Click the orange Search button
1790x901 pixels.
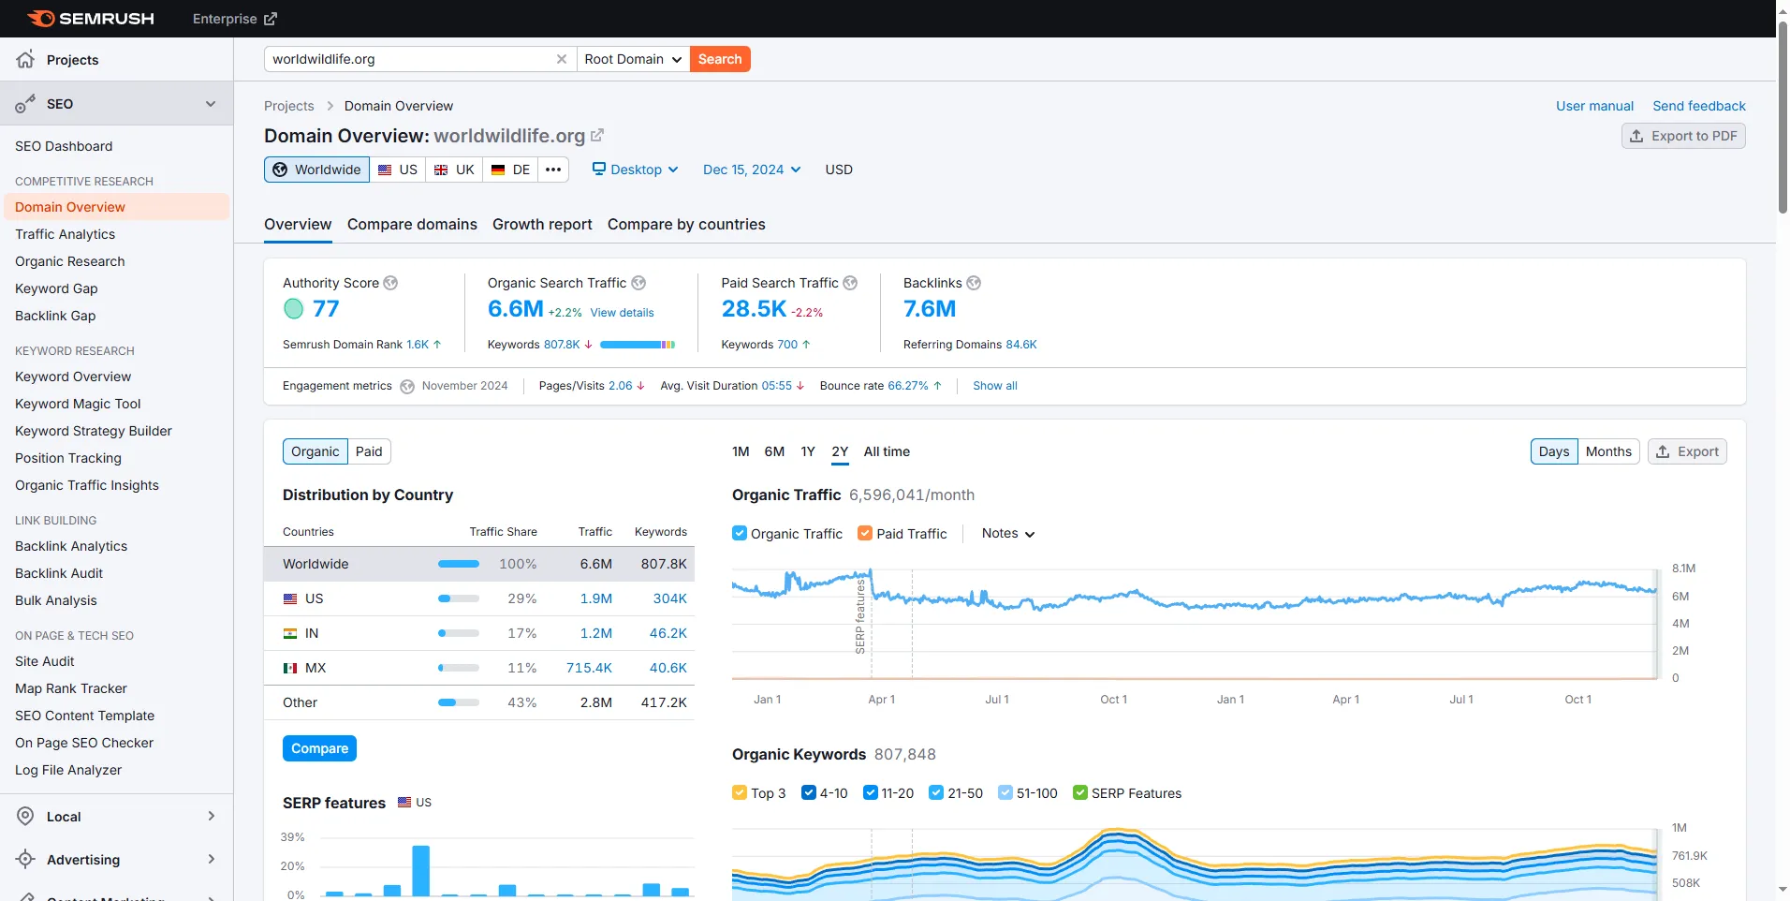pos(720,59)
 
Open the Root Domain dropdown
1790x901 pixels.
pos(633,59)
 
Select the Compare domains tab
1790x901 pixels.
pos(412,225)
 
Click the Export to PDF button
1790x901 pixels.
pos(1683,136)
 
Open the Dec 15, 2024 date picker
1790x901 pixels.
pos(752,170)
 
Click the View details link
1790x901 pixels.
pos(622,313)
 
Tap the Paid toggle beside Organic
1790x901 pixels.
pos(369,451)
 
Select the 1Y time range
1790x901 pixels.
pos(808,451)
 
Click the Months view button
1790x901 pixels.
pos(1608,451)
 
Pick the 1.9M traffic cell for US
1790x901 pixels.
pos(596,598)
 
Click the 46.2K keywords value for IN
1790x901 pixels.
pos(668,633)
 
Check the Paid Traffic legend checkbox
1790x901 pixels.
pos(865,534)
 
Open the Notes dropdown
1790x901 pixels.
pos(1008,534)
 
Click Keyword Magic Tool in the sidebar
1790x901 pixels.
pos(78,404)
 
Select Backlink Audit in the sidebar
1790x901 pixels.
pos(59,573)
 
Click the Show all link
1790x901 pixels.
pos(995,386)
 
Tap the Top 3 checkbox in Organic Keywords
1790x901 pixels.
pos(740,793)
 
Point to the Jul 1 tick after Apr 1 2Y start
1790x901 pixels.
pos(997,700)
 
